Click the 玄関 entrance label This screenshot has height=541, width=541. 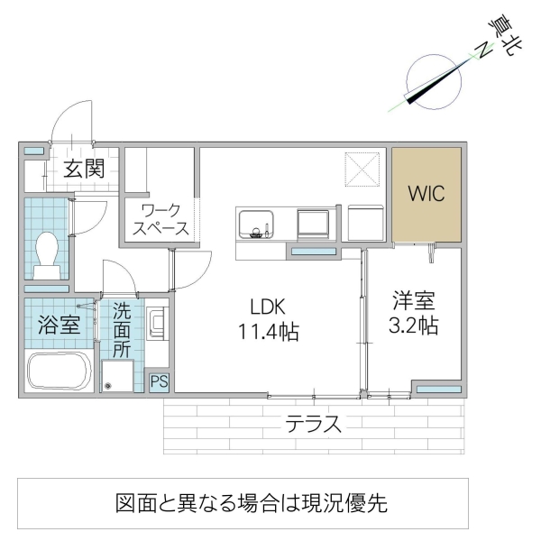(84, 168)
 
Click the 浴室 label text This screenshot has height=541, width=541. (59, 325)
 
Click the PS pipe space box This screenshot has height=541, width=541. (159, 381)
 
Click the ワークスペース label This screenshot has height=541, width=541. (160, 218)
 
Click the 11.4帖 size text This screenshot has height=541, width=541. (268, 331)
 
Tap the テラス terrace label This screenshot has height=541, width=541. (314, 423)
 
